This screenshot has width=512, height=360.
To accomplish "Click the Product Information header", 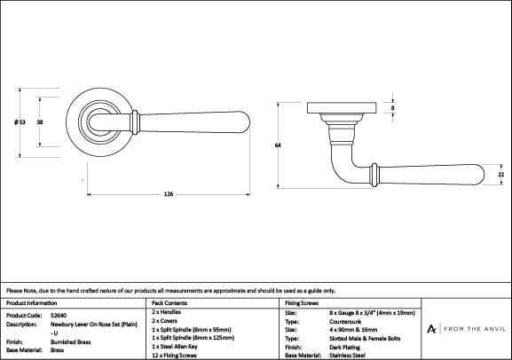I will point(33,303).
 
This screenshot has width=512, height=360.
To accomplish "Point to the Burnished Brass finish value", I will point(71,341).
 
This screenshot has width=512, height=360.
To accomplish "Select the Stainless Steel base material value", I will point(349,355).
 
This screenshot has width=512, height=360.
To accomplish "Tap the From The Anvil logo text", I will point(468,329).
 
